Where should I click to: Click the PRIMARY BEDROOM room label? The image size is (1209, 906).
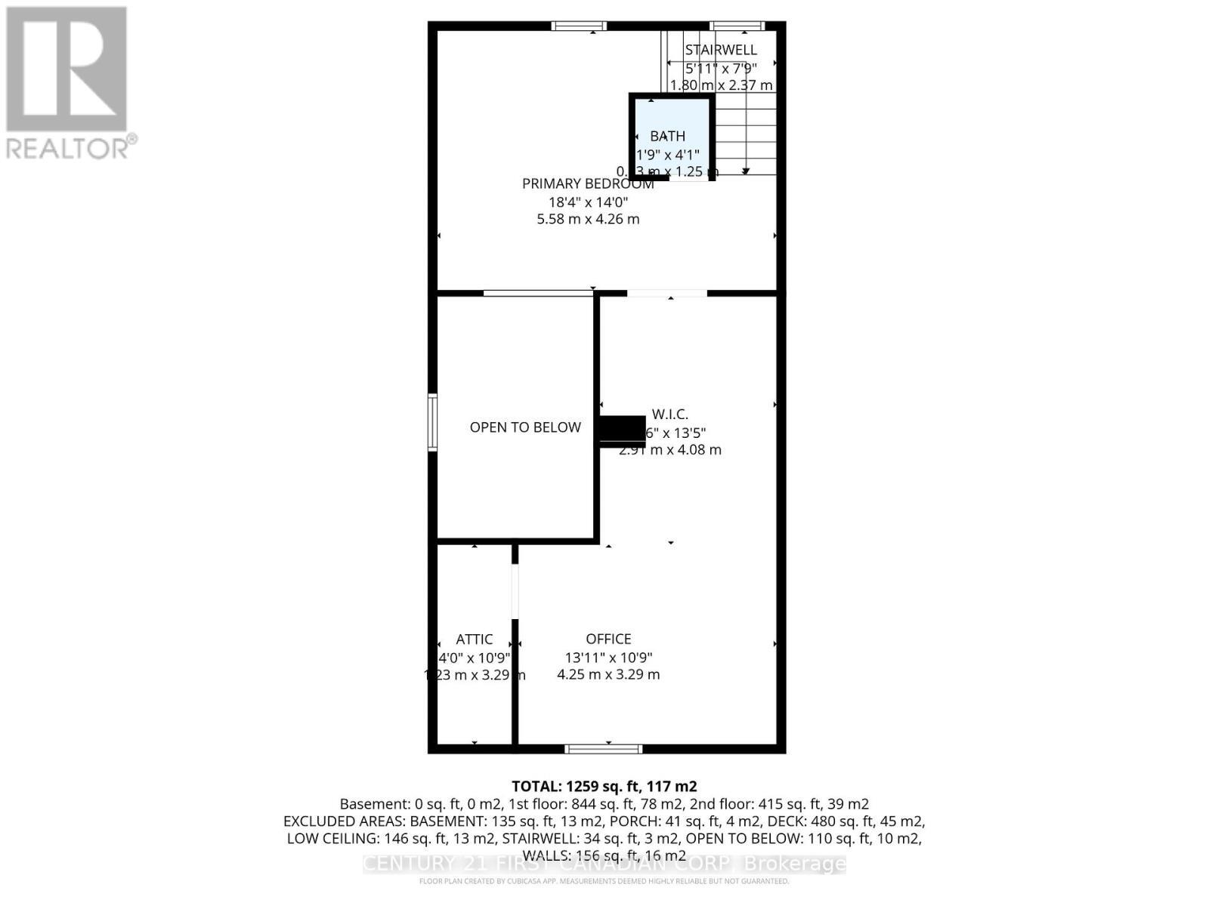point(587,183)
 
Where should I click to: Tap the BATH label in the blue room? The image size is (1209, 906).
point(668,136)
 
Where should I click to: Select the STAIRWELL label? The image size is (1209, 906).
point(720,50)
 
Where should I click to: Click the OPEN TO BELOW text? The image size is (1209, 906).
point(525,427)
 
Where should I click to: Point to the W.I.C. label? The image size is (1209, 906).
point(670,414)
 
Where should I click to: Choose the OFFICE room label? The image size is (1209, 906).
point(608,639)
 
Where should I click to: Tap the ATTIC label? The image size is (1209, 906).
point(475,639)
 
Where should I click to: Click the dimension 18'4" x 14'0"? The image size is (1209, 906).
point(588,202)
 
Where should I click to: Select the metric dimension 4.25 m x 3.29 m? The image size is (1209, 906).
point(608,674)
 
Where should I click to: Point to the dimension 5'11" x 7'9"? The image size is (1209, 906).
point(720,67)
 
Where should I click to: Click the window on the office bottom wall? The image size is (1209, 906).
point(604,749)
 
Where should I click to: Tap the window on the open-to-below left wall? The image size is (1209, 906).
point(433,422)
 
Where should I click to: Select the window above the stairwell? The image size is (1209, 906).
point(737,26)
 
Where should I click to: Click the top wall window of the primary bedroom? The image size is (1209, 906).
point(580,26)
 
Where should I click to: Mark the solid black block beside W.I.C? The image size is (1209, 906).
point(623,431)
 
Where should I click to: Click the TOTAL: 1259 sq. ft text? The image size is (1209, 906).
point(604,786)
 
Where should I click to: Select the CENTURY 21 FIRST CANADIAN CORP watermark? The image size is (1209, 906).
point(604,864)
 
